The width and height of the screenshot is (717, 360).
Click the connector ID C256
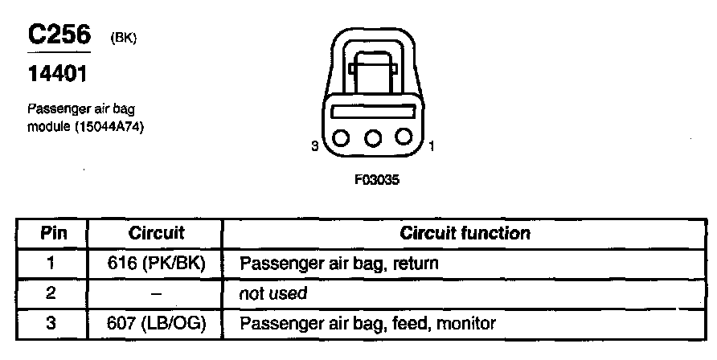59,35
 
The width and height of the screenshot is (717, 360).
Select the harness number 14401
57,75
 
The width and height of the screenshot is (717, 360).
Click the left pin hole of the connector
341,138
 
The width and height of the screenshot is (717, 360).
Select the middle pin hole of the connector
372,138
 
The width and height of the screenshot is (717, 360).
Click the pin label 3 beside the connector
316,146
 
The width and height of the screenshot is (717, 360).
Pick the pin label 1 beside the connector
432,146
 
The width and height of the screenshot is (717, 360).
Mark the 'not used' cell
273,294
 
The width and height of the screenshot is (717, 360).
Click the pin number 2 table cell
50,294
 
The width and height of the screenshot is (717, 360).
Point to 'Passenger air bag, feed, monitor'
367,324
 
